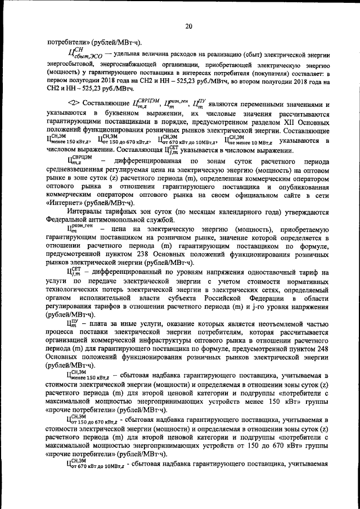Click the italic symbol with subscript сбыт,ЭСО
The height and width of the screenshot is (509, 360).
pos(84,55)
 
